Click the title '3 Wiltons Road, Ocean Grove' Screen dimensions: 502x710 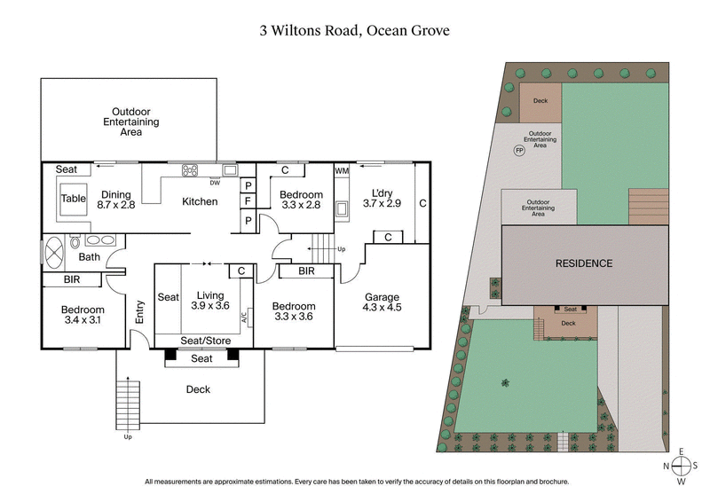click(355, 29)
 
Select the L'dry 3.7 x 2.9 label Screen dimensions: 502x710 click(383, 198)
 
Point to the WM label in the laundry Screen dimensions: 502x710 click(342, 170)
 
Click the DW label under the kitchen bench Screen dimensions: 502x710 click(215, 184)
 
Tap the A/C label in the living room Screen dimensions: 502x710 click(243, 323)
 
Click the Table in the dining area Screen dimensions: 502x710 click(73, 199)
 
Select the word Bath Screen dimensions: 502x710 click(89, 257)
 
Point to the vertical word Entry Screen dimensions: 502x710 click(139, 310)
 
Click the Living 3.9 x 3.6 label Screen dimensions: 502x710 click(210, 301)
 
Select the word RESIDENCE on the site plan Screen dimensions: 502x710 click(584, 263)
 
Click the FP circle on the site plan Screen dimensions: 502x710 click(519, 150)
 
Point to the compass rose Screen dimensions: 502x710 click(681, 465)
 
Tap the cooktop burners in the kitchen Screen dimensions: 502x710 click(189, 170)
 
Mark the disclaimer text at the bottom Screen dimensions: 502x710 click(355, 482)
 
